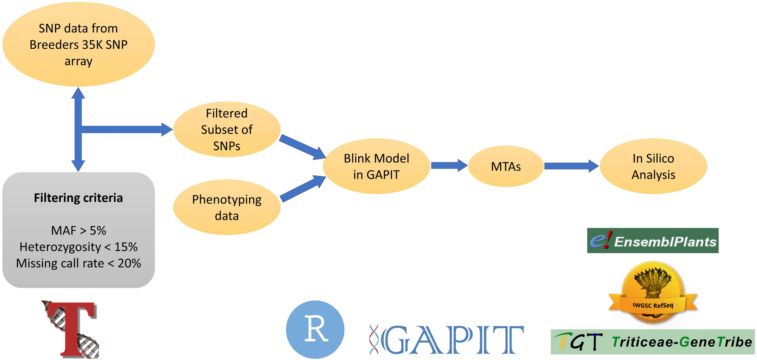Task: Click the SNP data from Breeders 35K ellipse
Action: tap(78, 45)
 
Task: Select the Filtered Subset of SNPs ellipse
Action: tap(227, 129)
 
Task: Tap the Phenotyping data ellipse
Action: tap(227, 207)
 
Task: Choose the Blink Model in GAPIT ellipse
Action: tap(376, 166)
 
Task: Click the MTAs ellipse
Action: tap(506, 166)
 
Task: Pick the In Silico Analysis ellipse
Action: tap(653, 166)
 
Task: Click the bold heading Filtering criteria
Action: tap(78, 198)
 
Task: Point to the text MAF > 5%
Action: tap(78, 230)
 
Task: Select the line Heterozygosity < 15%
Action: tap(78, 247)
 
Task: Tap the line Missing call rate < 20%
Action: tap(78, 263)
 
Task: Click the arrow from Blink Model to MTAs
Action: tap(449, 165)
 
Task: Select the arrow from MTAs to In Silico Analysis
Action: tap(571, 166)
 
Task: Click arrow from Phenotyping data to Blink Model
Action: tap(303, 189)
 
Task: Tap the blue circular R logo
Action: tap(315, 329)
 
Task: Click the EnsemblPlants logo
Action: tap(653, 240)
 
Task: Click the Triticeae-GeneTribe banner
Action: tap(653, 342)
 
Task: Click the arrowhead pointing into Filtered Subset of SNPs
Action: tap(167, 129)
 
